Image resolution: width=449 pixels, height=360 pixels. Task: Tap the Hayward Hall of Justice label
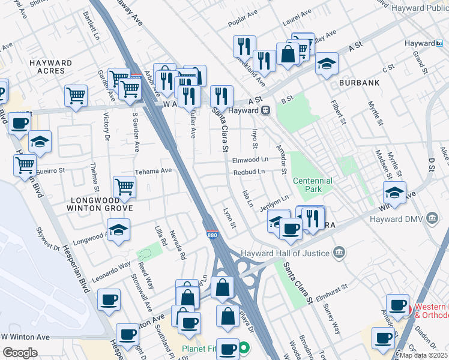pyautogui.click(x=286, y=253)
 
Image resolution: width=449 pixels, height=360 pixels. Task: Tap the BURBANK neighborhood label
pyautogui.click(x=359, y=82)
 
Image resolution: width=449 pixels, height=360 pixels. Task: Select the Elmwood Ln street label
pyautogui.click(x=250, y=160)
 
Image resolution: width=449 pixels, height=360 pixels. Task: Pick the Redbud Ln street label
pyautogui.click(x=249, y=172)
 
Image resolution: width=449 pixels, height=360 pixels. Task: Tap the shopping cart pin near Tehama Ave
pyautogui.click(x=124, y=187)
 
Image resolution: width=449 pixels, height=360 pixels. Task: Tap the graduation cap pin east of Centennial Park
pyautogui.click(x=394, y=193)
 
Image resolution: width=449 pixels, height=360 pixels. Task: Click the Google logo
pyautogui.click(x=20, y=353)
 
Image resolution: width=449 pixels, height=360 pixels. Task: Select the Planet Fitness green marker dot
pyautogui.click(x=244, y=347)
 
